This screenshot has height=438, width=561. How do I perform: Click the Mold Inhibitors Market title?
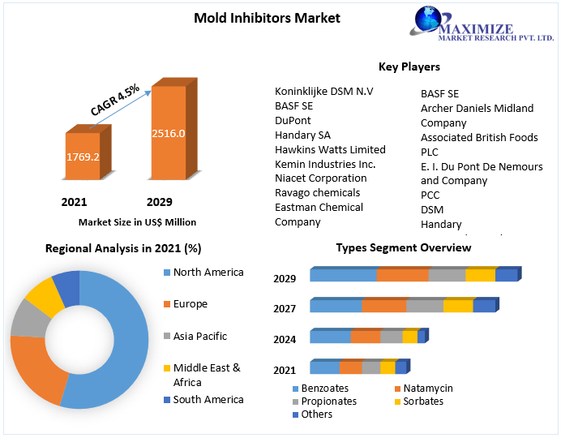(267, 18)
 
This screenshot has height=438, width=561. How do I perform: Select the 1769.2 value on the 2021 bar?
(83, 157)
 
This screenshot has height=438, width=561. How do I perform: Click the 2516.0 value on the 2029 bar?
(169, 134)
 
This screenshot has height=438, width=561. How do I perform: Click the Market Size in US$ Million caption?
(137, 221)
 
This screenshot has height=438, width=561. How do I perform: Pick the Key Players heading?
(409, 67)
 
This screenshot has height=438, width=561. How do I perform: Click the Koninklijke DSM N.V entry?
(323, 92)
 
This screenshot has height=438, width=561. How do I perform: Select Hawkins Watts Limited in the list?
(330, 149)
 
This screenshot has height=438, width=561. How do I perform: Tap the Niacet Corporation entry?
(320, 178)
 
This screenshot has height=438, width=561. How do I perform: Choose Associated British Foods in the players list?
(479, 138)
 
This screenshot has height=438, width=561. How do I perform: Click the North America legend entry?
(208, 273)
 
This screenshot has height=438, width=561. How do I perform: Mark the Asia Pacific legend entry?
(200, 337)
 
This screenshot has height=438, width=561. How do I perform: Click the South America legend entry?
(208, 400)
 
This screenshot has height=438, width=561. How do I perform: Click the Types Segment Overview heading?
(403, 247)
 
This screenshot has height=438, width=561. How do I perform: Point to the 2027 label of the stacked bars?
(285, 309)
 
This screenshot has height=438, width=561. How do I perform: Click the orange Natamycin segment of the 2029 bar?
(402, 275)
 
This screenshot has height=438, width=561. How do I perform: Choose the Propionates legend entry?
(328, 401)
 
